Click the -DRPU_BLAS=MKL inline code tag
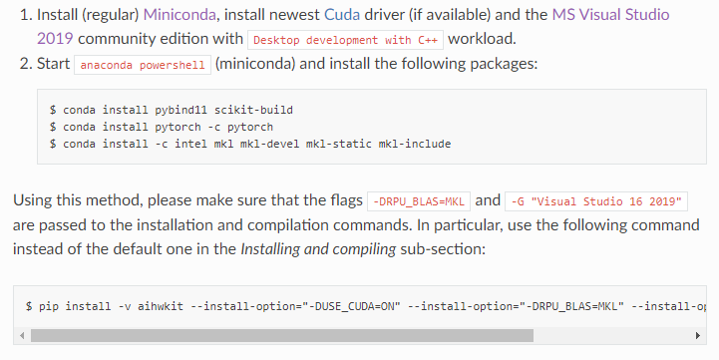pyautogui.click(x=419, y=200)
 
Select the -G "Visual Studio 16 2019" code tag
pyautogui.click(x=596, y=200)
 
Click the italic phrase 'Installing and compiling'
pyautogui.click(x=314, y=248)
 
